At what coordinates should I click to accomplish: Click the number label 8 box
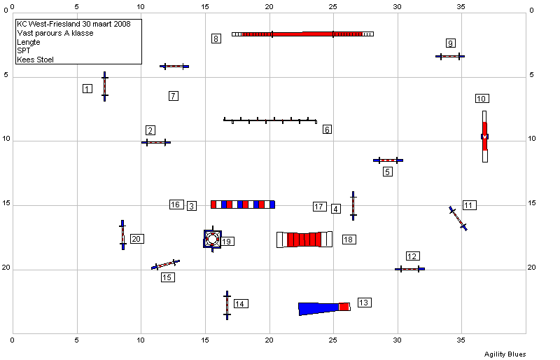tap(216, 39)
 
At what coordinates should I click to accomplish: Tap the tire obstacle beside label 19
tap(213, 239)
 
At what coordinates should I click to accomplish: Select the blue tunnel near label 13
tap(324, 308)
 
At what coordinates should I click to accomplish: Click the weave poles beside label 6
tap(270, 120)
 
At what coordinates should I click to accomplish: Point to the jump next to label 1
tap(104, 87)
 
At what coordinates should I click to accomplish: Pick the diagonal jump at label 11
tap(458, 219)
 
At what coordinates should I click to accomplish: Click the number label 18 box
tap(349, 240)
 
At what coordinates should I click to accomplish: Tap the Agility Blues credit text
tap(505, 354)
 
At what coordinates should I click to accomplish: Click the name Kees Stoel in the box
tap(36, 60)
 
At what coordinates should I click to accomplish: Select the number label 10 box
tap(482, 99)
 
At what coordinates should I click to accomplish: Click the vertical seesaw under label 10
tap(484, 137)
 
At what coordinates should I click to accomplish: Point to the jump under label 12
tap(410, 269)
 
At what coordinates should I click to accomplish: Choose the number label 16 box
tap(176, 205)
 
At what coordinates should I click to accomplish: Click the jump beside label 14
tap(227, 305)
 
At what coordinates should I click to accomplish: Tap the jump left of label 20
tap(123, 235)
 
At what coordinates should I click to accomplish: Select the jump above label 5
tap(388, 160)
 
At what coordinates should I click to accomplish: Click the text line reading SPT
tap(24, 50)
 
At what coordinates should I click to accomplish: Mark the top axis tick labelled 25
tap(333, 6)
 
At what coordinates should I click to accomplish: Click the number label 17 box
tap(320, 207)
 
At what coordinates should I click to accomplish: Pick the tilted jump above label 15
tap(165, 265)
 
